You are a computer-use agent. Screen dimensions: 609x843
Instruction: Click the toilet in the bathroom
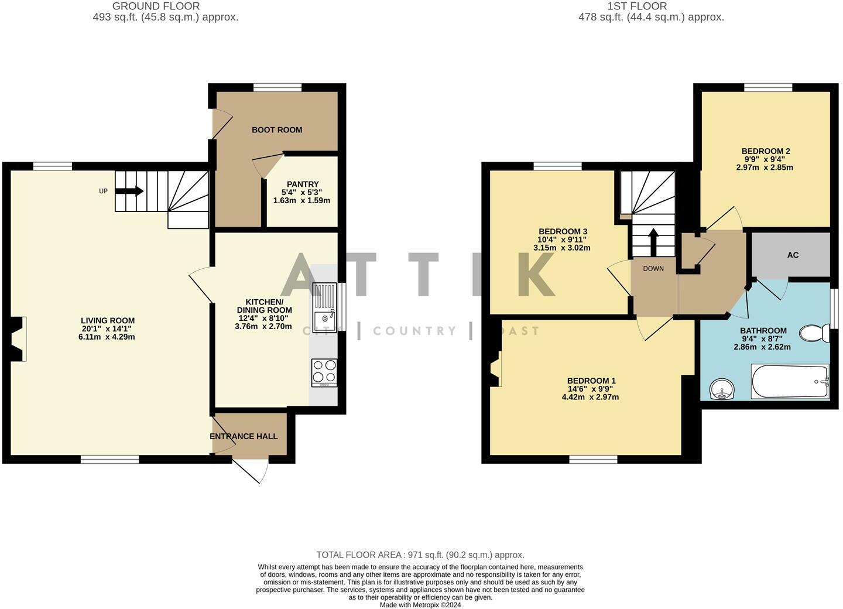click(x=814, y=333)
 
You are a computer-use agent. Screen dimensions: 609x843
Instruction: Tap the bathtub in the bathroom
click(x=790, y=382)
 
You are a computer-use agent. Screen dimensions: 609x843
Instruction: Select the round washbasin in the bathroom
click(x=721, y=389)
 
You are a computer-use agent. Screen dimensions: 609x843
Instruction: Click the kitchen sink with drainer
click(x=324, y=307)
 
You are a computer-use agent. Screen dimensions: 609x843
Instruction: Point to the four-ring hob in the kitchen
click(x=324, y=371)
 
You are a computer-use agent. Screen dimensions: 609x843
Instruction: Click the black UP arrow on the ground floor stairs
click(x=130, y=191)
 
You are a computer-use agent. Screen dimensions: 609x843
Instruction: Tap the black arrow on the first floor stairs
click(x=653, y=240)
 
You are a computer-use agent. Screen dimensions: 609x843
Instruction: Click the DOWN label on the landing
click(x=653, y=269)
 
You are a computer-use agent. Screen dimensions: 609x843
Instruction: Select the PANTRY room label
click(x=302, y=184)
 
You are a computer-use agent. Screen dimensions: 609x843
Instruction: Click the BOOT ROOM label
click(x=277, y=130)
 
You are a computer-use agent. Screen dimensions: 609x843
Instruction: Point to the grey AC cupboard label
click(x=793, y=255)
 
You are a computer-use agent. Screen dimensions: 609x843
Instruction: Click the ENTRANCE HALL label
click(x=244, y=436)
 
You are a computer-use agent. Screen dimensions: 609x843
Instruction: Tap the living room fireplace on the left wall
click(x=19, y=338)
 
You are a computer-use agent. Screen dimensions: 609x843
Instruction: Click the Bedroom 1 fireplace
click(x=496, y=369)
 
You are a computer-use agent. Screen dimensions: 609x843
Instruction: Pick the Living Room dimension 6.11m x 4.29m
click(x=108, y=337)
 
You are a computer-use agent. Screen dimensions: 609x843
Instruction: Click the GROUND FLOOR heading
click(x=156, y=6)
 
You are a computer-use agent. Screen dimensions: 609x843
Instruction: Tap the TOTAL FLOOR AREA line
click(x=420, y=555)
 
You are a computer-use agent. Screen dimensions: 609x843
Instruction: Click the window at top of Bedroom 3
click(x=557, y=166)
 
